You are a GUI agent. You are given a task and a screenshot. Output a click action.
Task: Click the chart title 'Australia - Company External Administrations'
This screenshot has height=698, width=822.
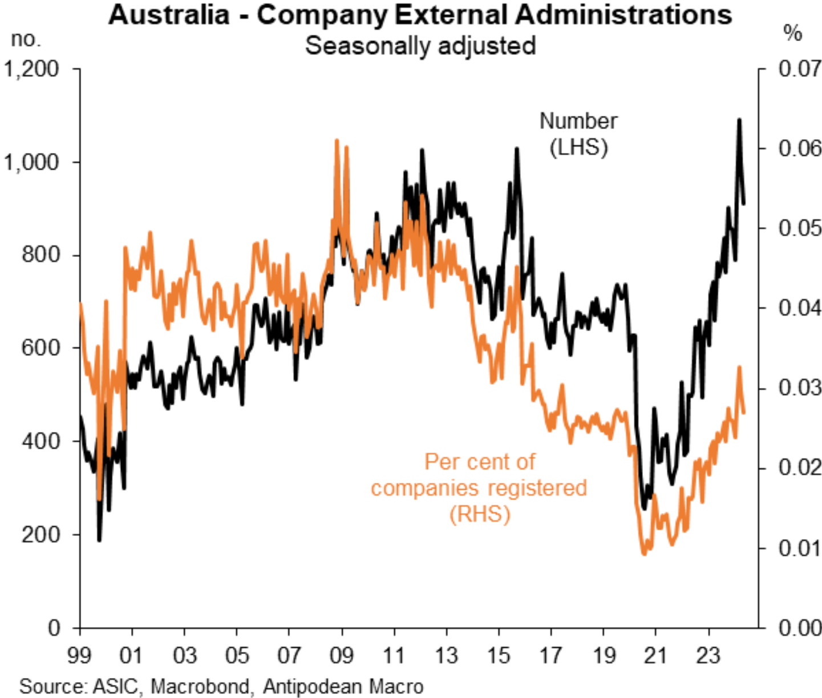(420, 15)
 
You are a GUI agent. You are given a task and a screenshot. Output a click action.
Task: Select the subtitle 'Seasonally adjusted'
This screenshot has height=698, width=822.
(420, 46)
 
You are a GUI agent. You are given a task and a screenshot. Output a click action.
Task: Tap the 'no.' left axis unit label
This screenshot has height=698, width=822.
(26, 39)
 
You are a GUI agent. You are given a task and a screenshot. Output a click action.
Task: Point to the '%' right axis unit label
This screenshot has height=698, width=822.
(792, 34)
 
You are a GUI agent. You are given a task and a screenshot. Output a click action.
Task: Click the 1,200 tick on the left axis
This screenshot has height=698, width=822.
(32, 69)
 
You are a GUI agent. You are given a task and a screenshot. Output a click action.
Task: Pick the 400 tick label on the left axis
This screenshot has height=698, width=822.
(40, 441)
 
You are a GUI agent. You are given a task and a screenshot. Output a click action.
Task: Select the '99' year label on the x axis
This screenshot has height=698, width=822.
(79, 655)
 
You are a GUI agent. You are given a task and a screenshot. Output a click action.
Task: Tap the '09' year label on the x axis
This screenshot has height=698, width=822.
(341, 655)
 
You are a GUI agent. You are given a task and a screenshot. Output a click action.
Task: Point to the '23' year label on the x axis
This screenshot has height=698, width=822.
(708, 655)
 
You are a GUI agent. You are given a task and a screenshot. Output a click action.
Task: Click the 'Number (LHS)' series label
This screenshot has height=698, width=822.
(578, 134)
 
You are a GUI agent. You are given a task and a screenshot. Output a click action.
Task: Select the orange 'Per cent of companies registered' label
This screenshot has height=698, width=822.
(479, 488)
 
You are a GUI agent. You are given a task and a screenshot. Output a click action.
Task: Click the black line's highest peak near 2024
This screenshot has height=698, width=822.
(739, 120)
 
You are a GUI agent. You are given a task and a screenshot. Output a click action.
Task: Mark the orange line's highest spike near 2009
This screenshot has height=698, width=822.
(337, 140)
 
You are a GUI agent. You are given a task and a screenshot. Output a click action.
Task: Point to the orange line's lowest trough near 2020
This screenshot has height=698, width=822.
(645, 553)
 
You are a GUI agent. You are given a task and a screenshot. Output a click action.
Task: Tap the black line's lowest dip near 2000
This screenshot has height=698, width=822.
(99, 540)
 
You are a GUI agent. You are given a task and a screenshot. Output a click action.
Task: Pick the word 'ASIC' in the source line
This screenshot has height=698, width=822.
(116, 686)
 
